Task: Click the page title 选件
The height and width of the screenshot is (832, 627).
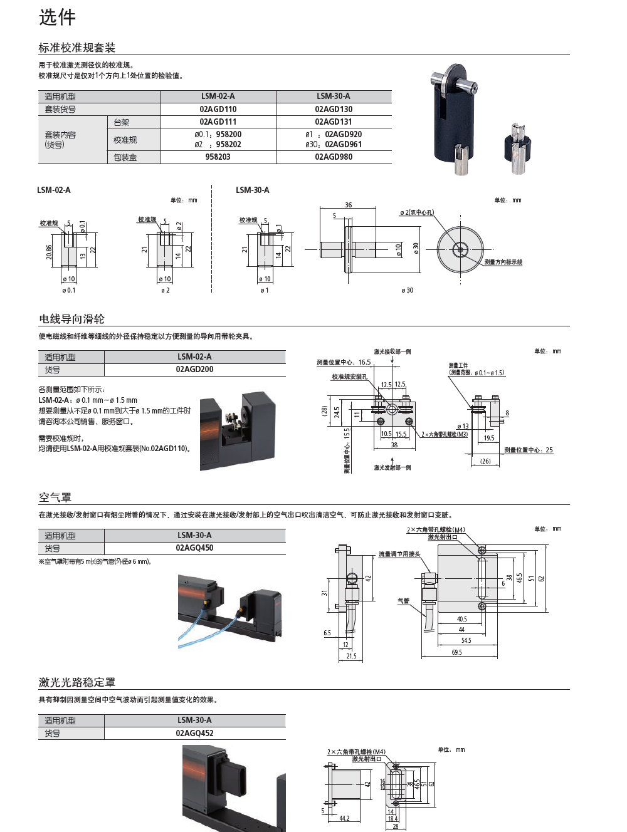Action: click(57, 17)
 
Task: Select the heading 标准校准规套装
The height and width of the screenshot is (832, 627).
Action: click(76, 48)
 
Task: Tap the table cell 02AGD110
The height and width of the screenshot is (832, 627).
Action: click(218, 109)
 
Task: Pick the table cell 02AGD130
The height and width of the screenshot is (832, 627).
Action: click(334, 109)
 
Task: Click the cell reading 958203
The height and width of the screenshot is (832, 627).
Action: click(218, 157)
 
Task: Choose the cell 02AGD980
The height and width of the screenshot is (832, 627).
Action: click(334, 157)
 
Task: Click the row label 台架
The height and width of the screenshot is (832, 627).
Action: click(122, 122)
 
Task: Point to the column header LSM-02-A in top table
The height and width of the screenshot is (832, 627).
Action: click(218, 96)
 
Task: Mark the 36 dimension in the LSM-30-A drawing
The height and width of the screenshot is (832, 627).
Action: click(349, 205)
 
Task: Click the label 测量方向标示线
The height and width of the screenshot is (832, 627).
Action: click(503, 263)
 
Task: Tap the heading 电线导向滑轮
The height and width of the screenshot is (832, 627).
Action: click(71, 319)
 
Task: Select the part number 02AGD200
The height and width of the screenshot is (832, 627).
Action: click(194, 370)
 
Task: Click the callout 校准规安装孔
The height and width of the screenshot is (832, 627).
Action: click(349, 377)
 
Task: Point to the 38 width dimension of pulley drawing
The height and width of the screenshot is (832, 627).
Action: click(394, 445)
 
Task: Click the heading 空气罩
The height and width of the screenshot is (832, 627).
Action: click(55, 497)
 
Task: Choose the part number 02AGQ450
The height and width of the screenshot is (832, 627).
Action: click(194, 548)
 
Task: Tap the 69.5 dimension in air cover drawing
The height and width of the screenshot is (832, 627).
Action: click(456, 653)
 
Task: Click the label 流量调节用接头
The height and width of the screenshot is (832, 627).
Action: click(399, 554)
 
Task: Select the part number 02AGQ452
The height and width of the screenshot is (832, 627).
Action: click(194, 733)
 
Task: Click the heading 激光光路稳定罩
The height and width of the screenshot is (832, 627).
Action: click(76, 682)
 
